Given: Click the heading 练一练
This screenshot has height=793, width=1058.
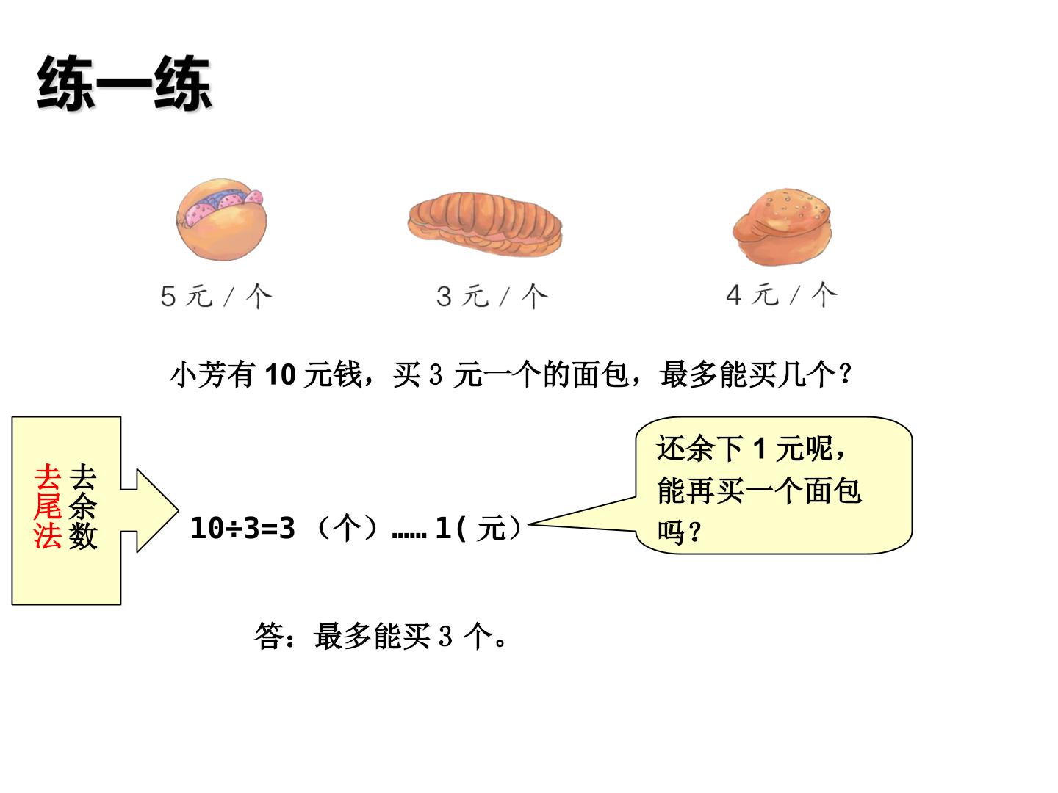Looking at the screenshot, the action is click(124, 83).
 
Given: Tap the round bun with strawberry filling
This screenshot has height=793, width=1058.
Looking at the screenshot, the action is click(221, 220).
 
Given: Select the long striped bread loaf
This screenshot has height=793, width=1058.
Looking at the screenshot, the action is click(485, 224).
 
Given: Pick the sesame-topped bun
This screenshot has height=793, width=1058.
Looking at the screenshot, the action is click(782, 226).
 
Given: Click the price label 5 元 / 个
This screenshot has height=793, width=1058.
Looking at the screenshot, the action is click(217, 296).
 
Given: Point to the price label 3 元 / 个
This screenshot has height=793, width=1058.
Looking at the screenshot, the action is click(492, 296).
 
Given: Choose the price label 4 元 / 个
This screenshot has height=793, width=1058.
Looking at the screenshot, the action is click(781, 294).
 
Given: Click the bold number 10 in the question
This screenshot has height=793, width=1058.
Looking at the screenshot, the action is click(280, 374).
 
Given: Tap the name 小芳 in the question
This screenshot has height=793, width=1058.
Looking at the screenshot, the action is click(198, 374).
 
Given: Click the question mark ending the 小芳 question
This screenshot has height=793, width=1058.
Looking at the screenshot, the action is click(845, 374).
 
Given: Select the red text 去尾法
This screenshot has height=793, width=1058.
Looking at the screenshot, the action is click(48, 506).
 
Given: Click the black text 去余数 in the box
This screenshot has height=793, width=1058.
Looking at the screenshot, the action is click(83, 506).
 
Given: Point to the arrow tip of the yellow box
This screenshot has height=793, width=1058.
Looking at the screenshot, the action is click(179, 510).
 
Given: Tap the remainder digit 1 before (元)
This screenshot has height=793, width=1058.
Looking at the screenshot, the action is click(443, 528).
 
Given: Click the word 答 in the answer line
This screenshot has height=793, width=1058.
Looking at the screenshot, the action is click(269, 636).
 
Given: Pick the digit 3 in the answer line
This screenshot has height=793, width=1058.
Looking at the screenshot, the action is click(446, 636).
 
